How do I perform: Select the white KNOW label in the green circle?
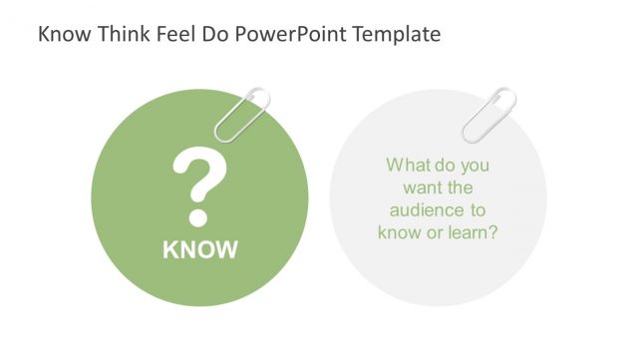coord(200,249)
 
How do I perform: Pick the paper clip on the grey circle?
coord(488,115)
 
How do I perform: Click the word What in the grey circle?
coord(408,165)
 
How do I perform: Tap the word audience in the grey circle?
coord(424,209)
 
